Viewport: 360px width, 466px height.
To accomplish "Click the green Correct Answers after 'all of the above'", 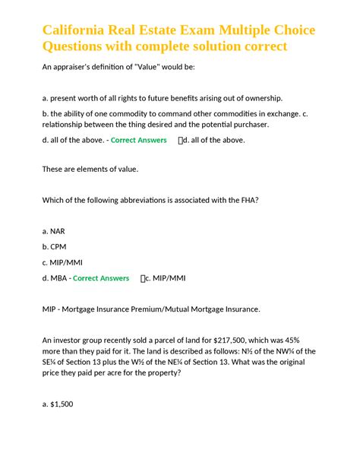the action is click(x=139, y=141).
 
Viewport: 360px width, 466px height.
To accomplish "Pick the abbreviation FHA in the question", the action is click(x=248, y=200).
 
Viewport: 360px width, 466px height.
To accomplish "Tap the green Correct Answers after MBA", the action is click(x=101, y=278).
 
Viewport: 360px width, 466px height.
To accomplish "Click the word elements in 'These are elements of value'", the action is click(x=95, y=169).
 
